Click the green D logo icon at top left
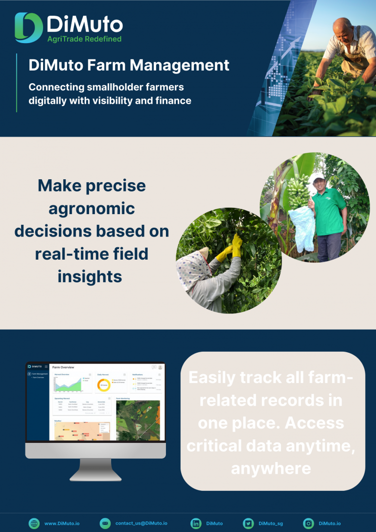(28, 27)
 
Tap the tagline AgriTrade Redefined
(84, 39)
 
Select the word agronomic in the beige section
(92, 208)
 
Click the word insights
(90, 276)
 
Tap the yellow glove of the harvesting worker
(236, 244)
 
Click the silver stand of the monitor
(95, 468)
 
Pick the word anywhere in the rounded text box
(271, 468)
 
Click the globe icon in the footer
(34, 523)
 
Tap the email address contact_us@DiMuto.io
(141, 523)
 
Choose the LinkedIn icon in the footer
(196, 523)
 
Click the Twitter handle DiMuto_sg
(270, 523)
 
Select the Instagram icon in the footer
(308, 523)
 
